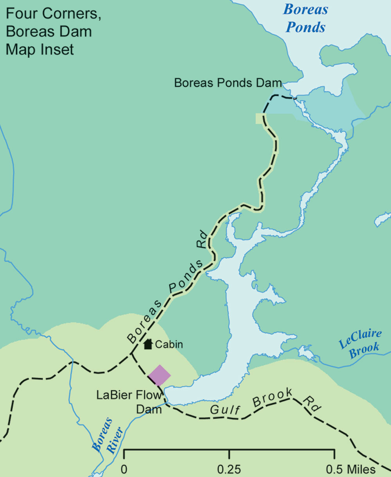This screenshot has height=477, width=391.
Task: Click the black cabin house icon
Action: click(x=148, y=344)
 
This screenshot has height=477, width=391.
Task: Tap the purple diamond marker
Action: click(x=159, y=375)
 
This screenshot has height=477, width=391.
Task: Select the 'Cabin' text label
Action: click(x=169, y=345)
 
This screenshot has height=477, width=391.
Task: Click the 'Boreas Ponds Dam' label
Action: click(x=228, y=83)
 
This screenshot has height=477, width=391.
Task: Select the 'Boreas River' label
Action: click(x=108, y=436)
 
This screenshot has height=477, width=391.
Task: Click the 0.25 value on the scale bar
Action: click(x=229, y=469)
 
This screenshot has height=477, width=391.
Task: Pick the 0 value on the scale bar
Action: click(x=124, y=469)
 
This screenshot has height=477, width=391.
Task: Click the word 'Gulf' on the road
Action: click(x=224, y=409)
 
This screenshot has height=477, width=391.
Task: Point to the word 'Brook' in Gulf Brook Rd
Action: click(x=272, y=398)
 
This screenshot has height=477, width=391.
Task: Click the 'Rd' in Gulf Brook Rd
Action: click(x=312, y=405)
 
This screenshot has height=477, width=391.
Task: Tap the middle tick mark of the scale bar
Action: click(x=229, y=455)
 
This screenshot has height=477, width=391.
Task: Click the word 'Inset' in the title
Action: click(x=58, y=50)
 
